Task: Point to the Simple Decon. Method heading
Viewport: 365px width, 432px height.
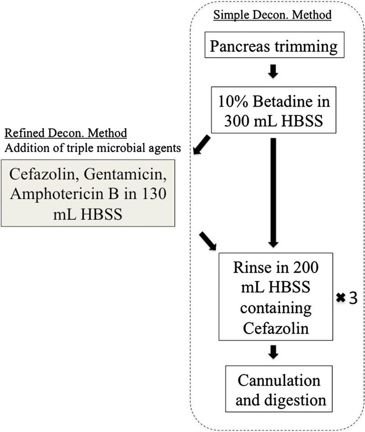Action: point(273,14)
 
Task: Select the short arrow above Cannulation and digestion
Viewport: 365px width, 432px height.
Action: point(273,352)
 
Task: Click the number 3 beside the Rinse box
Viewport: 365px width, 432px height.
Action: point(352,298)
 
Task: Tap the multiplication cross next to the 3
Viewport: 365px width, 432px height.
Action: point(340,298)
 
